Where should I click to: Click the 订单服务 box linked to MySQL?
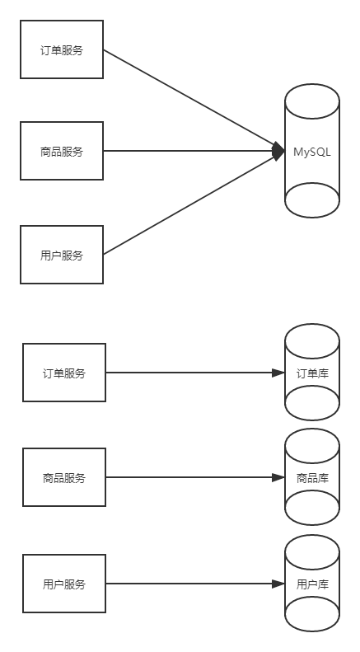coord(62,50)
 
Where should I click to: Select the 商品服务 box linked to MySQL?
coord(62,151)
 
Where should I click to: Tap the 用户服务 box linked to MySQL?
coord(62,255)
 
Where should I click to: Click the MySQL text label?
coord(312,152)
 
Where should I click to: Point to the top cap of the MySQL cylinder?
coord(312,101)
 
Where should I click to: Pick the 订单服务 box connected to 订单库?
coord(64,373)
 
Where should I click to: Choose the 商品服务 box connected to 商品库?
coord(64,477)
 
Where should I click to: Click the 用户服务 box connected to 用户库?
coord(64,584)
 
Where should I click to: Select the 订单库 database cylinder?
coord(312,373)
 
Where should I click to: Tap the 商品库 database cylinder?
coord(312,477)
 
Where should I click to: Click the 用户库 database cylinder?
coord(312,584)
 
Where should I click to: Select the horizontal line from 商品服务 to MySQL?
coord(189,151)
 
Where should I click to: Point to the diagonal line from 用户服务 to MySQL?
coord(189,204)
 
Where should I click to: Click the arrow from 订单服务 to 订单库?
coord(189,373)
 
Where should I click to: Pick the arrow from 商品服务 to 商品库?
coord(189,477)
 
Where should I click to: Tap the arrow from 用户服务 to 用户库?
coord(189,584)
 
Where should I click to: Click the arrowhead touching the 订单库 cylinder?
coord(278,373)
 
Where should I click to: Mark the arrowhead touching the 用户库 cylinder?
coord(278,584)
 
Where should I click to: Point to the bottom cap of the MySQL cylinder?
coord(312,200)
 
